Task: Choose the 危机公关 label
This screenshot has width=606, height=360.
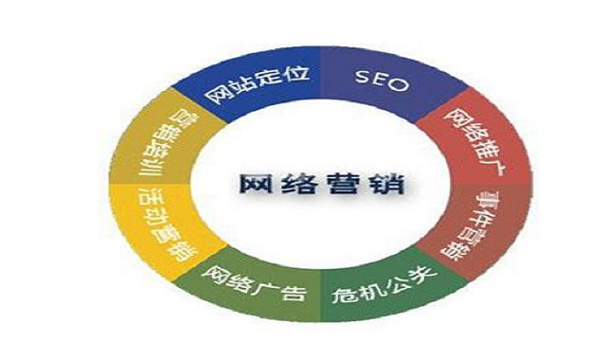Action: (378, 285)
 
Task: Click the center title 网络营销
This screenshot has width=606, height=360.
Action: (309, 181)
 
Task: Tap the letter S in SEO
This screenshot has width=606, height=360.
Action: (365, 81)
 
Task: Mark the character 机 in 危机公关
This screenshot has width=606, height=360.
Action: (367, 288)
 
